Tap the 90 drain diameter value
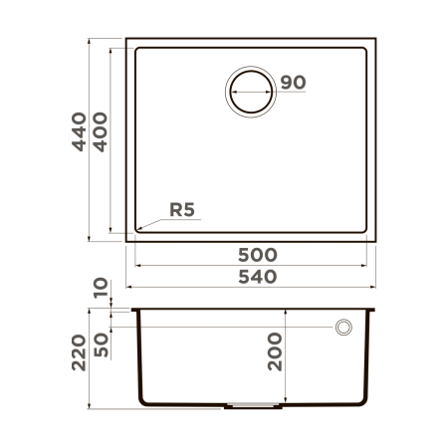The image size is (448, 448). [x=292, y=83]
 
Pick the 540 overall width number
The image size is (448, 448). [x=256, y=275]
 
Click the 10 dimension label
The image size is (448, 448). [x=101, y=289]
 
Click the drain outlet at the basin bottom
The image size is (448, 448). [x=257, y=405]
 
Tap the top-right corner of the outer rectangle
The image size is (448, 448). [x=376, y=40]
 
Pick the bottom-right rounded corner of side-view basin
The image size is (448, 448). [x=369, y=401]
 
